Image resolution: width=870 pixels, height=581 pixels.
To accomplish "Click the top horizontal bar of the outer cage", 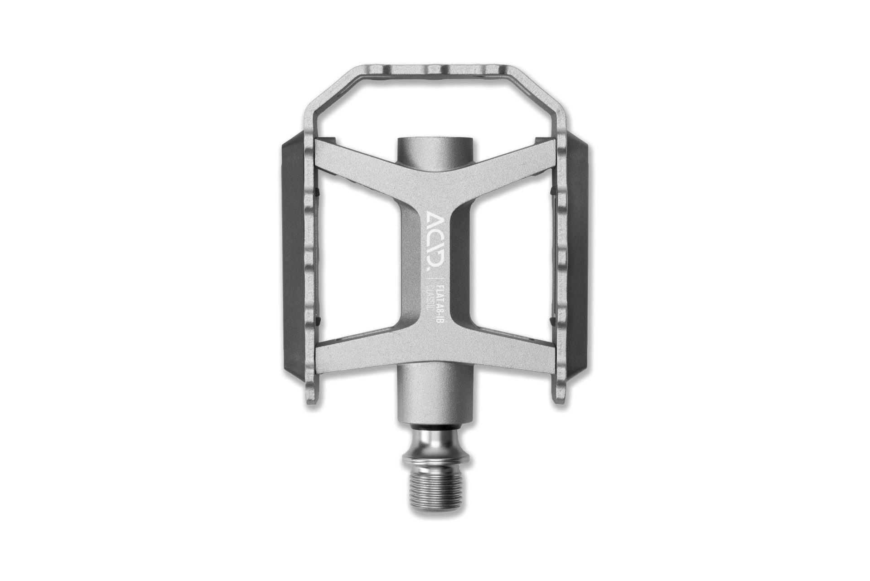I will click(x=435, y=72).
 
